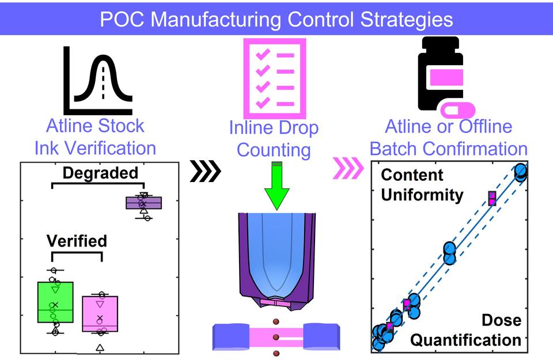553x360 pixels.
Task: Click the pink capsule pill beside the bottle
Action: click(459, 111)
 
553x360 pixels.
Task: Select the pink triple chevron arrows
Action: click(349, 168)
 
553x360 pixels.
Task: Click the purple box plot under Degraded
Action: click(144, 203)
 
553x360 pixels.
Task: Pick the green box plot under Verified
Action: click(55, 302)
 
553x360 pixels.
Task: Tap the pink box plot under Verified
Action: click(100, 314)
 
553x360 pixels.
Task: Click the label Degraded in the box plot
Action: click(100, 173)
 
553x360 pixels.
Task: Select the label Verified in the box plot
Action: click(77, 240)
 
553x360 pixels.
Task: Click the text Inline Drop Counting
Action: click(274, 139)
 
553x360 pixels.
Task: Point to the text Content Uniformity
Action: click(422, 185)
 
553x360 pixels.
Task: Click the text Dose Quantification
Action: click(466, 330)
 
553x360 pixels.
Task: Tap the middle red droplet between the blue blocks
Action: click(276, 336)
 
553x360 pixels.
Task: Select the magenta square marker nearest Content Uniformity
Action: click(492, 198)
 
